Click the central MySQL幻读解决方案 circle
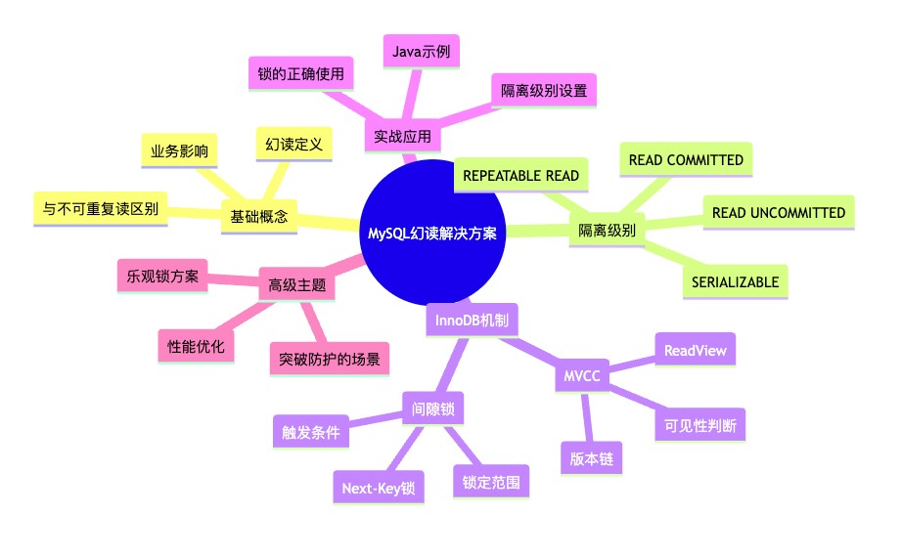[432, 233]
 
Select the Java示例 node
[421, 52]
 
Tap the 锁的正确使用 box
[301, 74]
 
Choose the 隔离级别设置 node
[544, 91]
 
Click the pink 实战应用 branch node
[403, 136]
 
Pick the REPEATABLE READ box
[521, 175]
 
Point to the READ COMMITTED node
[686, 160]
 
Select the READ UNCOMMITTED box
[779, 213]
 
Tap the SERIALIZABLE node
[735, 282]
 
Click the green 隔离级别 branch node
[607, 231]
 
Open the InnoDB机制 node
[472, 321]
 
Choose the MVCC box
[582, 376]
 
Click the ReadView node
[696, 350]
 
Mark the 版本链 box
[591, 458]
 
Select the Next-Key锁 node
[379, 488]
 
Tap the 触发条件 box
[311, 432]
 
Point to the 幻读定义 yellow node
[293, 145]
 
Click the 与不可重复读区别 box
[101, 209]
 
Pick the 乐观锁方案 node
[162, 277]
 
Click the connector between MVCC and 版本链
[587, 417]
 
